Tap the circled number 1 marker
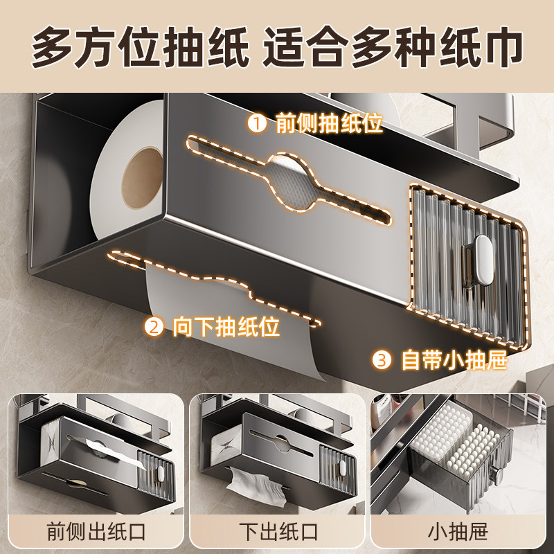[257, 125]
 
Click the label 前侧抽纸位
[329, 125]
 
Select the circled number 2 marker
[154, 325]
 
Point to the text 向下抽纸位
[226, 325]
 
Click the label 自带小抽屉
[454, 359]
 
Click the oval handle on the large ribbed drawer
[480, 260]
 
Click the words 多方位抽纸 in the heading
[139, 46]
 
